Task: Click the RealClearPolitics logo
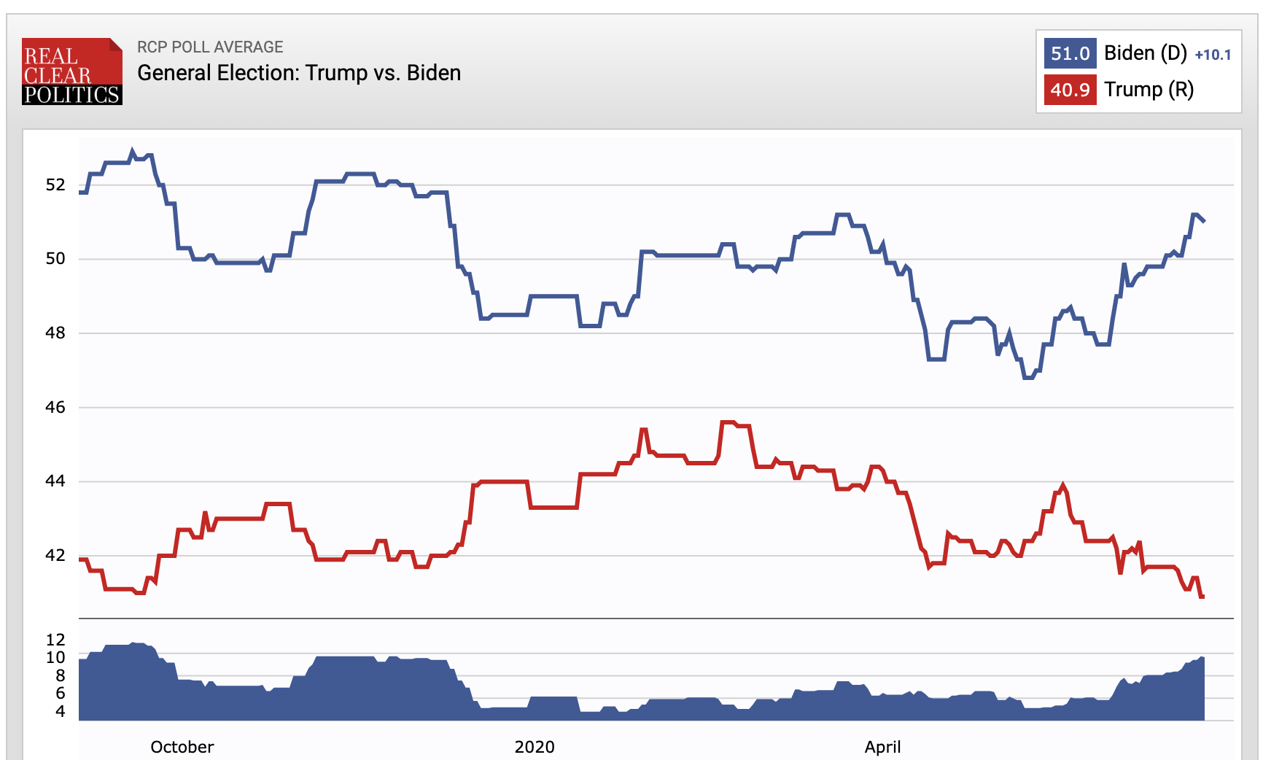click(71, 71)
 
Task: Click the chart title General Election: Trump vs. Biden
click(299, 73)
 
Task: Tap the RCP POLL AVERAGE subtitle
click(210, 47)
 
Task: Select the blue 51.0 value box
click(1070, 53)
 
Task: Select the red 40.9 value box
click(1070, 90)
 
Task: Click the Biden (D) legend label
click(1145, 53)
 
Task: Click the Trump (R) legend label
click(1149, 90)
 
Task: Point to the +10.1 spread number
click(1213, 55)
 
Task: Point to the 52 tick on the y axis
click(55, 185)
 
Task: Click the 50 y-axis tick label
click(55, 258)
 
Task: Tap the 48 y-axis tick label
click(55, 333)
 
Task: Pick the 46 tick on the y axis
click(55, 407)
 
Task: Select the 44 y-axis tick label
click(55, 481)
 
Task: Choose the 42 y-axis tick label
click(55, 555)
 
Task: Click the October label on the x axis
click(182, 747)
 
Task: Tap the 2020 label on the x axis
click(535, 747)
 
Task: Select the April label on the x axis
click(882, 747)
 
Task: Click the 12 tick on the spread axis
click(55, 640)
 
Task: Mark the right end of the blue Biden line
click(1204, 220)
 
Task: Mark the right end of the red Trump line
click(1202, 597)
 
